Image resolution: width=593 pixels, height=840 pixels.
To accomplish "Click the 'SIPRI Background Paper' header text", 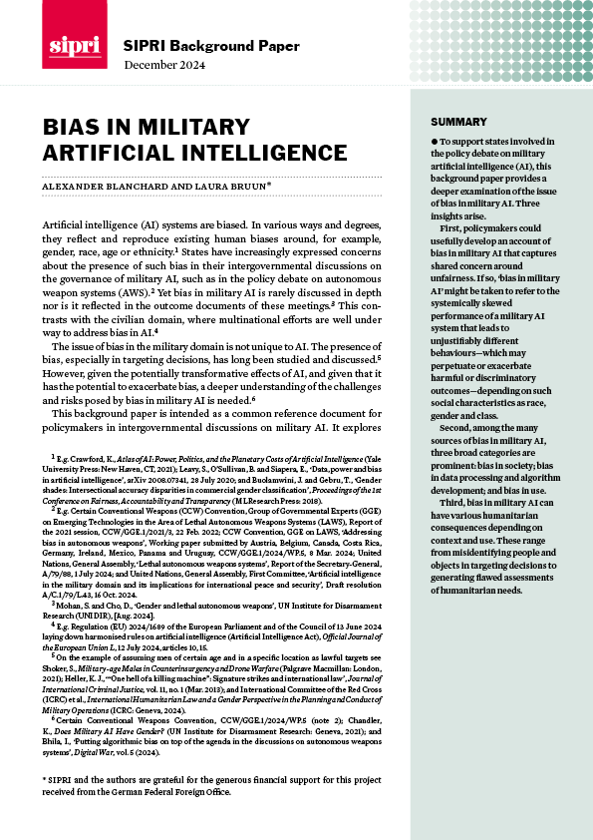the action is (x=194, y=47).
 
